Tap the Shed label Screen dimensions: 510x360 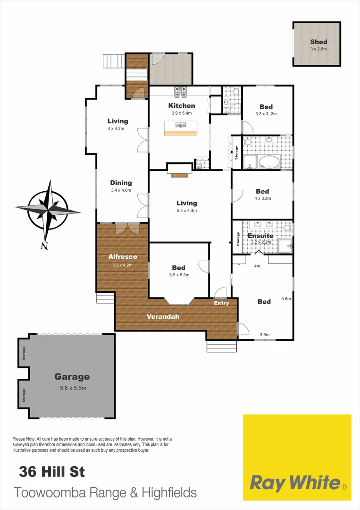(319, 42)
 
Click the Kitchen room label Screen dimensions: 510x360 (182, 106)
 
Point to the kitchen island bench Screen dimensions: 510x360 (182, 127)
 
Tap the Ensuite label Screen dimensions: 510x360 (260, 235)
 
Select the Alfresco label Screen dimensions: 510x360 (123, 257)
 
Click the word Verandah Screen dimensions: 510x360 (163, 316)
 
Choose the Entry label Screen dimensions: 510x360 (221, 303)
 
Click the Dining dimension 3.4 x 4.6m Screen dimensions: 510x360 (121, 190)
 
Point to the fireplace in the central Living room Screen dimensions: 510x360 (179, 175)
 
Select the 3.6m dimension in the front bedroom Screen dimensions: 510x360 (264, 335)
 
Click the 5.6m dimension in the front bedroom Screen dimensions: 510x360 (286, 299)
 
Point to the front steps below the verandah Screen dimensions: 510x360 (221, 346)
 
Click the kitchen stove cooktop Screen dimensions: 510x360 (181, 90)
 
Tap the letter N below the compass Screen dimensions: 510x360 (44, 246)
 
